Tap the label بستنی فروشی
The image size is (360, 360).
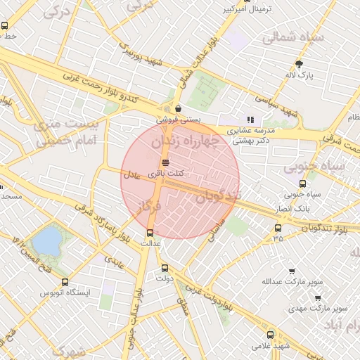pyautogui.click(x=181, y=120)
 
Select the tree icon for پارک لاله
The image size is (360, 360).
pyautogui.click(x=300, y=63)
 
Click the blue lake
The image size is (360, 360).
pyautogui.click(x=46, y=241)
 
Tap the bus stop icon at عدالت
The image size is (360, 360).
pyautogui.click(x=149, y=233)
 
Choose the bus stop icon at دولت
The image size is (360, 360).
pyautogui.click(x=165, y=268)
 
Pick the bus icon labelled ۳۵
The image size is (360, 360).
pyautogui.click(x=278, y=228)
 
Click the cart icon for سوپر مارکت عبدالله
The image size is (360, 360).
pyautogui.click(x=292, y=271)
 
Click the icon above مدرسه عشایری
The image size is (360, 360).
pyautogui.click(x=250, y=120)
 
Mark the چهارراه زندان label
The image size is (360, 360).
pyautogui.click(x=185, y=143)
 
